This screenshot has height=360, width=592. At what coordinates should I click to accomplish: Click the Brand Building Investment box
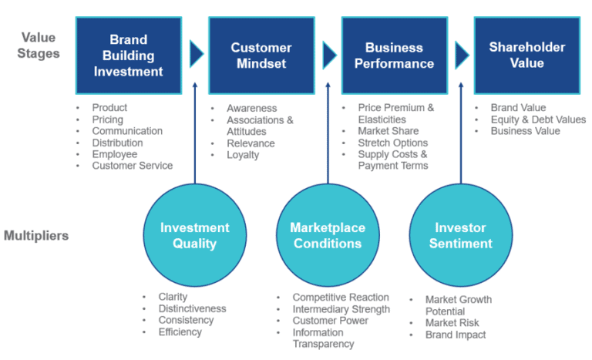(x=129, y=56)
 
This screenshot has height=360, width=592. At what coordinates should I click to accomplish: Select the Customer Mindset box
(x=261, y=56)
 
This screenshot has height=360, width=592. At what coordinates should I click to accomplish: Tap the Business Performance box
(x=394, y=56)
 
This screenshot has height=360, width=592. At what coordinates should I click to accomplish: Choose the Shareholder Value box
(x=526, y=56)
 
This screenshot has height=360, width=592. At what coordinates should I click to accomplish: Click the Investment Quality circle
(x=194, y=235)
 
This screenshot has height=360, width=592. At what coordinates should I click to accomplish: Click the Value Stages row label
(x=38, y=45)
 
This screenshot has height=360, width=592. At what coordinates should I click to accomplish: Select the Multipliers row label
(x=36, y=235)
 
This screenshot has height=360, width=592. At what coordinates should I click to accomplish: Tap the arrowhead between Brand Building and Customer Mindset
(x=197, y=55)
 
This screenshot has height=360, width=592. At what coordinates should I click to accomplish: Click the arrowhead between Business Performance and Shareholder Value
(x=462, y=55)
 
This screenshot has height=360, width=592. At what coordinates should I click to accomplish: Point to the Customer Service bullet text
(x=132, y=166)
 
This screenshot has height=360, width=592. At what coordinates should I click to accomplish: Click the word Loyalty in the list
(x=243, y=155)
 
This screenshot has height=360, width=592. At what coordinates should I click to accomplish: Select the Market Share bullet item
(x=388, y=131)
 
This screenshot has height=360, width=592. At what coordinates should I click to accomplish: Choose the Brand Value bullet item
(x=518, y=108)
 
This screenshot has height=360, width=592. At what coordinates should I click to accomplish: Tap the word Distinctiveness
(x=192, y=308)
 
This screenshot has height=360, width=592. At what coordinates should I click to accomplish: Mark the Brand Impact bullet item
(x=456, y=335)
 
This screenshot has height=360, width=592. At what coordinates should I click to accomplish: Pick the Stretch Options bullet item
(x=393, y=143)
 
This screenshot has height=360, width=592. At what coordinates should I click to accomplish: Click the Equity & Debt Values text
(x=538, y=119)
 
